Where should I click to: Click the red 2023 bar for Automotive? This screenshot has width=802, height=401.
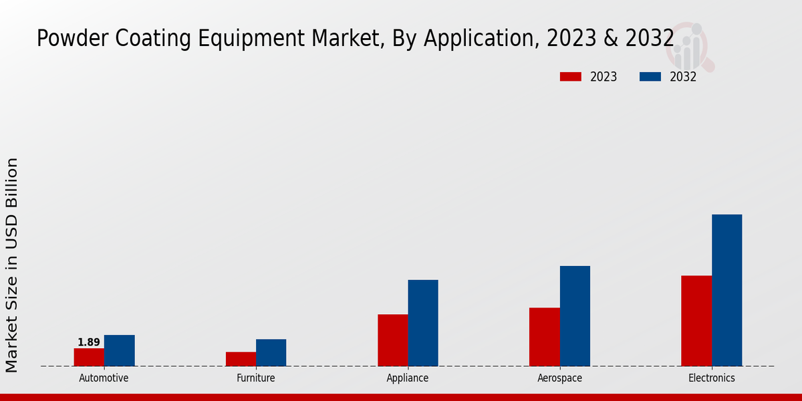(x=89, y=357)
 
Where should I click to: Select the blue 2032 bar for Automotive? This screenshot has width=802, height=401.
(x=119, y=350)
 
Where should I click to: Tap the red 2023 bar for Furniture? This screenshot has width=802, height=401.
(x=241, y=359)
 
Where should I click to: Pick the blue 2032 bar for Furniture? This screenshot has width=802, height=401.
(x=271, y=352)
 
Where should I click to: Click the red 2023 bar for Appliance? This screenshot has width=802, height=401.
(x=392, y=340)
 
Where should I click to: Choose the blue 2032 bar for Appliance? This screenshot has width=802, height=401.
(x=423, y=323)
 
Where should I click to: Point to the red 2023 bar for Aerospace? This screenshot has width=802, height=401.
(x=544, y=337)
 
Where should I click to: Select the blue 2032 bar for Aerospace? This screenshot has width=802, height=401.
(x=575, y=315)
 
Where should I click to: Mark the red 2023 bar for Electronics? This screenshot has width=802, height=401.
(x=696, y=321)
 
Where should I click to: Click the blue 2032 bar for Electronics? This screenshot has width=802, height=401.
(x=726, y=290)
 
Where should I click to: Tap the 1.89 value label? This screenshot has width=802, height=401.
(x=89, y=342)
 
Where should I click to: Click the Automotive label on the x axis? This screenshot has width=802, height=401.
(x=104, y=378)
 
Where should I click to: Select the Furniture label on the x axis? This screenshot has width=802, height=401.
(x=256, y=378)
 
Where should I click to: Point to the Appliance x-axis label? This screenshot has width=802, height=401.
(x=408, y=378)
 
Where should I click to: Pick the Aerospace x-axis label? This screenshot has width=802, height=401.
(x=559, y=378)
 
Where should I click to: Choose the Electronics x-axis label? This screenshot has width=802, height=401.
(x=712, y=378)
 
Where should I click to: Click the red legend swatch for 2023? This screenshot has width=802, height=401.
(x=570, y=77)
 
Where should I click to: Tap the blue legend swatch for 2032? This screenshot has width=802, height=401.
(x=650, y=77)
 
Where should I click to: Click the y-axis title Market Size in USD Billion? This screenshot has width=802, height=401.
(x=12, y=265)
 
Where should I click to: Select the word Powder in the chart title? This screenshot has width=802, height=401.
(x=70, y=39)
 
